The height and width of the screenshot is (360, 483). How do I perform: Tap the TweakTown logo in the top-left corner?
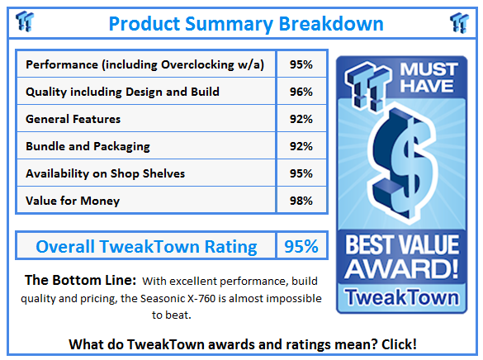pos(25,22)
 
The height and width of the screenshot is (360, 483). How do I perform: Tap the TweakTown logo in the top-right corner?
pos(458,22)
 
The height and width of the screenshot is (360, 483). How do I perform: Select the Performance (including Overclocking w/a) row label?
pos(145,64)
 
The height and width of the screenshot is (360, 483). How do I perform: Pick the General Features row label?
pos(73,119)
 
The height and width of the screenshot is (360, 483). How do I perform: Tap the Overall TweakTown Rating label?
pos(146,246)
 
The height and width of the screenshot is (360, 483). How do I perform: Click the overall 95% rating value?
pos(301,246)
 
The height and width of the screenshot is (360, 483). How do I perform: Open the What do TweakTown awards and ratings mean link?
pos(241,343)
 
